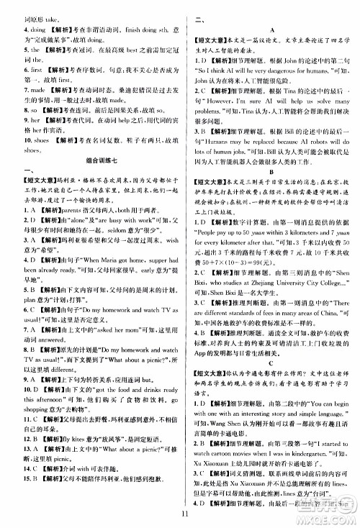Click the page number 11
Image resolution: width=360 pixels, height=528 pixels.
185,512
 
